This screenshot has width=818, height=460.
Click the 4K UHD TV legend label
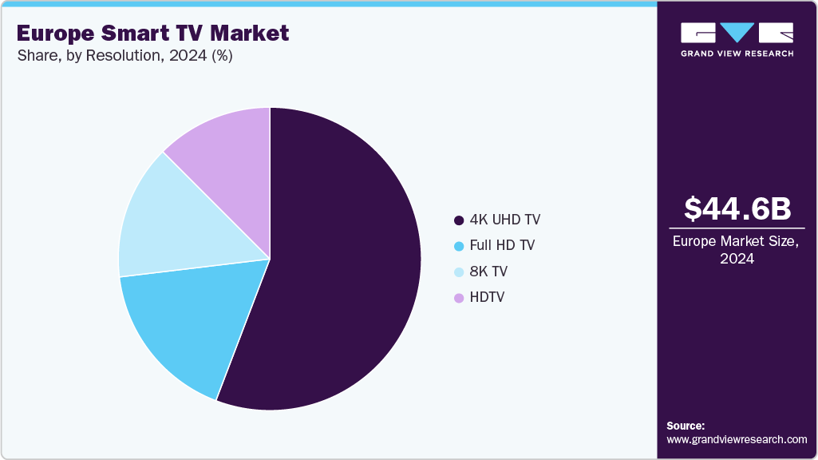[505, 220]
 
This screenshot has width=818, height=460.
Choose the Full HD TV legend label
[502, 245]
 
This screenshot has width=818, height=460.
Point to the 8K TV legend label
[488, 272]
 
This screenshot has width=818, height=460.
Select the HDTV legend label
[487, 298]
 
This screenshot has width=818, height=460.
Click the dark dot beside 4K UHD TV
[458, 220]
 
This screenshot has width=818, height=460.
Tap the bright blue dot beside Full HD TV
[458, 246]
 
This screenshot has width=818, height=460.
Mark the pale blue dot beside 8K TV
[458, 272]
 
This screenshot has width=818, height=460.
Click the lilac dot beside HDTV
[458, 299]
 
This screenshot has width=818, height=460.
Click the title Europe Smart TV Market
[152, 34]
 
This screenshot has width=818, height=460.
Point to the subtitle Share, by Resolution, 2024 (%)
[124, 57]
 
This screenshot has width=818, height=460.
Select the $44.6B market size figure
[737, 208]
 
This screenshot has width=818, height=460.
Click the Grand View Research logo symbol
[737, 33]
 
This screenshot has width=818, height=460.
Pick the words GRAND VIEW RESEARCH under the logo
[737, 54]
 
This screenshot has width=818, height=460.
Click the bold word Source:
[686, 426]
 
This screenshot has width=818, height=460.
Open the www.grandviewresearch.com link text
[737, 439]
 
